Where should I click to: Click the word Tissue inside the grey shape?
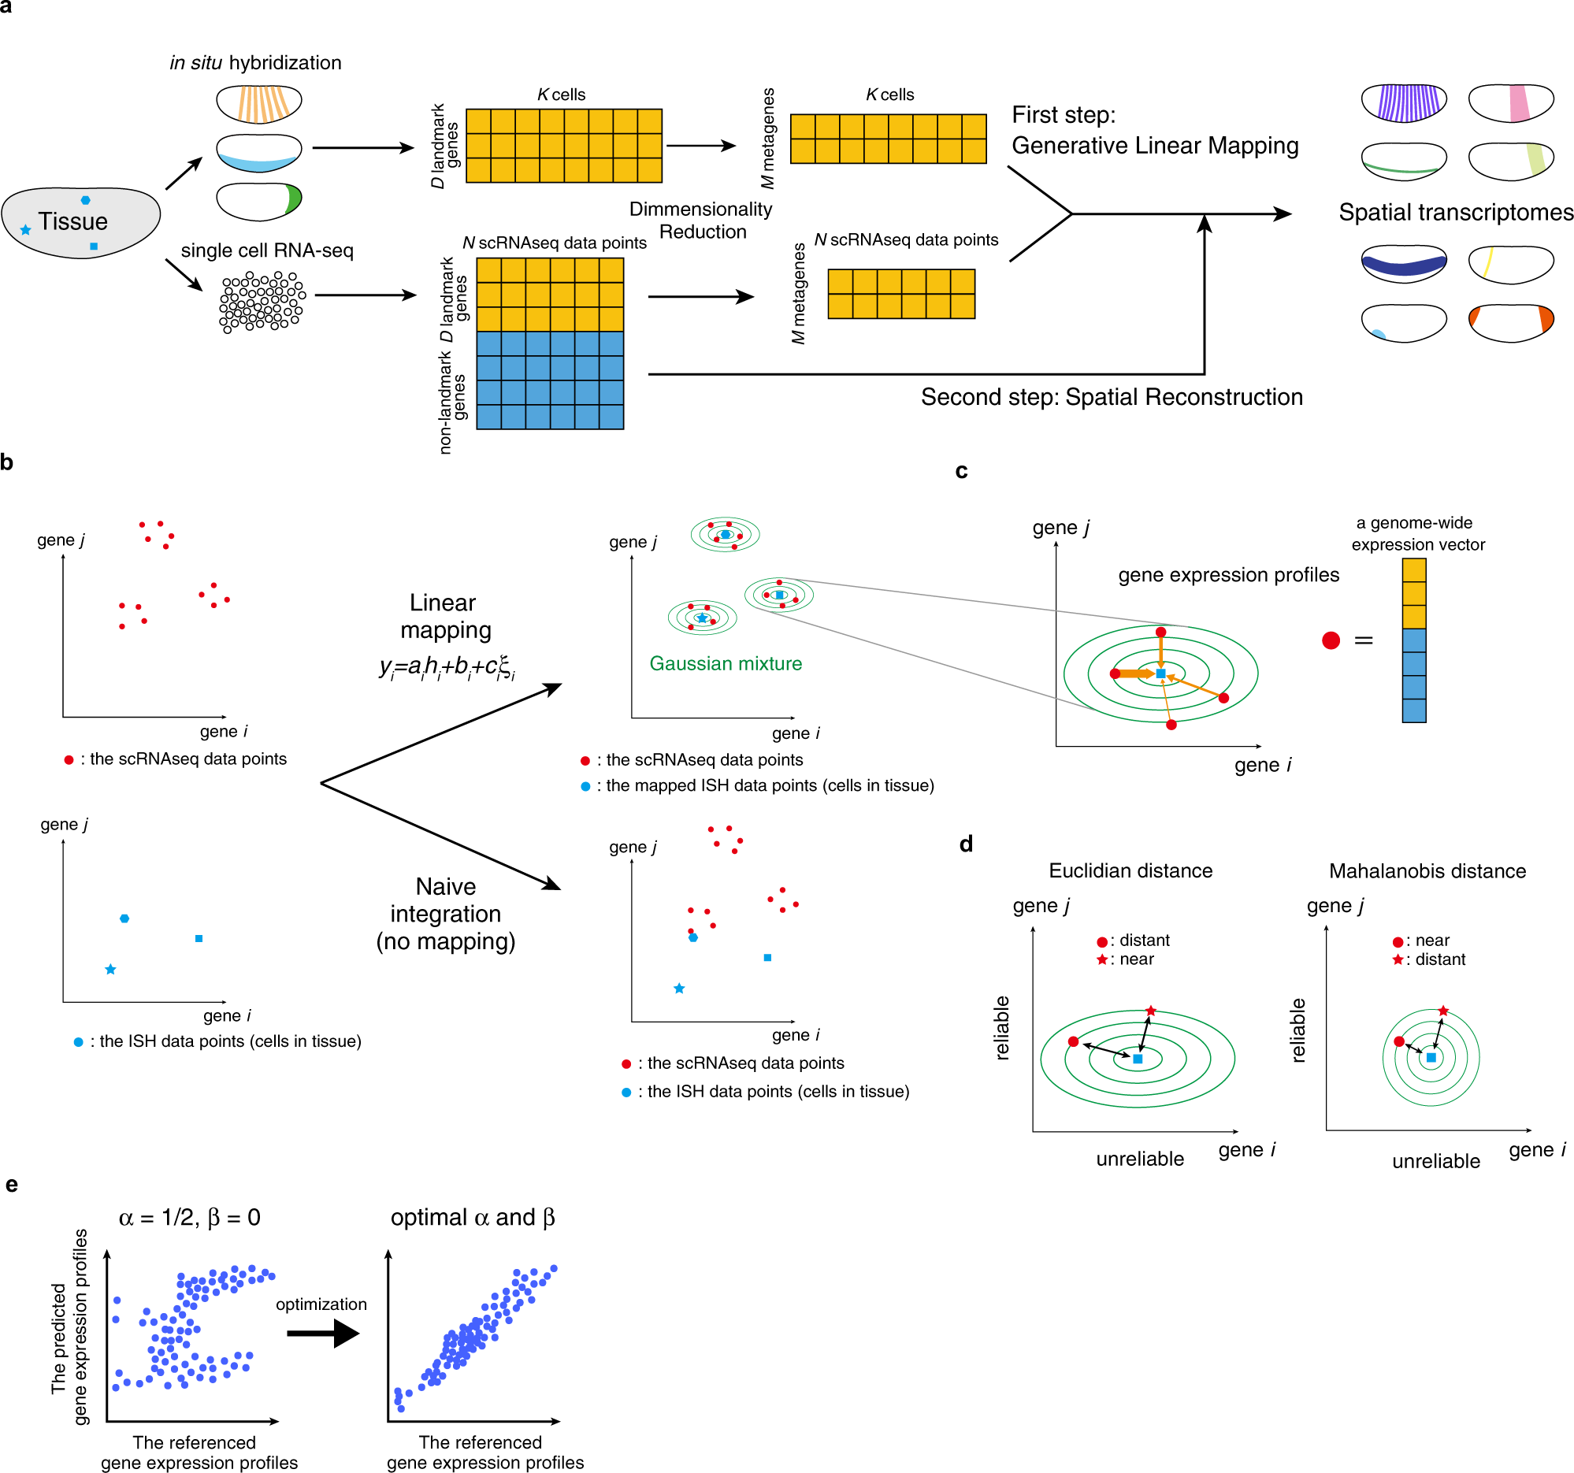72,221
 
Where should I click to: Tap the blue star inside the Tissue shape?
25,229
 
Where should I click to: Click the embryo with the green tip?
259,202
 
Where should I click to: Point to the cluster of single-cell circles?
262,302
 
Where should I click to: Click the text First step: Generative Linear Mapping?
1154,131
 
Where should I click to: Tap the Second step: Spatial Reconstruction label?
1111,396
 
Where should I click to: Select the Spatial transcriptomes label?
1454,212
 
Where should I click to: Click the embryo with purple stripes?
1403,103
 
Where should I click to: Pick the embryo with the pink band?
1511,103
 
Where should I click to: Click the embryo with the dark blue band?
1403,265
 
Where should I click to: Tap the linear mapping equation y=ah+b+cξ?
447,667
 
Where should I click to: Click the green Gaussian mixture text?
726,663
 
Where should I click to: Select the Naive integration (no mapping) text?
446,914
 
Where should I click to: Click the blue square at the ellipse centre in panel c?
1160,673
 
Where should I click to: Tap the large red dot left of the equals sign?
1331,640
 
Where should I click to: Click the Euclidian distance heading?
1130,870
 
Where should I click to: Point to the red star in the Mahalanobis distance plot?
1443,1011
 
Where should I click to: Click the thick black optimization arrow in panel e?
323,1334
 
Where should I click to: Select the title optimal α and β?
473,1217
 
